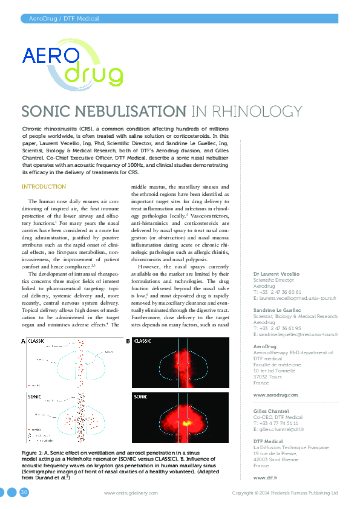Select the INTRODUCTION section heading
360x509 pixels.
pyautogui.click(x=44, y=187)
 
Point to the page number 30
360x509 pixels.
pyautogui.click(x=25, y=493)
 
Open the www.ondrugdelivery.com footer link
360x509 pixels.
pyautogui.click(x=131, y=493)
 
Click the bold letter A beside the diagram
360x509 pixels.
pyautogui.click(x=24, y=342)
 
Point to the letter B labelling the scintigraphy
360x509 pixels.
pyautogui.click(x=128, y=342)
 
